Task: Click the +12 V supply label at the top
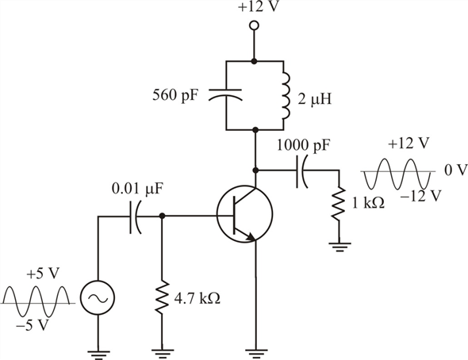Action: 254,8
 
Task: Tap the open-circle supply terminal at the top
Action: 254,26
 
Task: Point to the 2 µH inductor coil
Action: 285,94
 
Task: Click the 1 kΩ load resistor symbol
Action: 339,204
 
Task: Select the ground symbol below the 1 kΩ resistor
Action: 339,247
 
